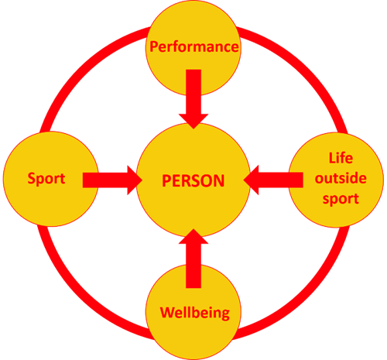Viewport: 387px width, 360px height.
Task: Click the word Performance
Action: (x=194, y=47)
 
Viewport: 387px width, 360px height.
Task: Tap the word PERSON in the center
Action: (x=193, y=180)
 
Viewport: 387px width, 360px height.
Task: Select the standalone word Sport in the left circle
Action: (x=46, y=179)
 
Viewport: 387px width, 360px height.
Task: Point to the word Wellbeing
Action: (x=195, y=313)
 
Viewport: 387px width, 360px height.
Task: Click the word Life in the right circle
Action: (x=341, y=158)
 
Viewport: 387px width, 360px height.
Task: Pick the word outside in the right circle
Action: (x=341, y=178)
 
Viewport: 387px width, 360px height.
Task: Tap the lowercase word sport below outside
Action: (x=341, y=199)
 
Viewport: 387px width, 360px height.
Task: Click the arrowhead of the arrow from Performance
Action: (x=193, y=122)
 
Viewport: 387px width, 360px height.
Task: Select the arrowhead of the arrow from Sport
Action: (x=135, y=180)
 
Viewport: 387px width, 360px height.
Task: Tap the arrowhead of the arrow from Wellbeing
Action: (x=193, y=236)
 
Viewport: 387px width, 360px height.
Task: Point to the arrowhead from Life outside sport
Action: (x=251, y=180)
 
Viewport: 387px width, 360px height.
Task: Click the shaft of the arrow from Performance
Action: (x=193, y=91)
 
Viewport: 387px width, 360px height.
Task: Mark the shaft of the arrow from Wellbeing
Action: (x=193, y=266)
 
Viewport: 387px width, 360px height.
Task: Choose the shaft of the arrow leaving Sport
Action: (x=105, y=180)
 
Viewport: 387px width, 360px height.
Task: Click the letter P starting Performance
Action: (x=154, y=46)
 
